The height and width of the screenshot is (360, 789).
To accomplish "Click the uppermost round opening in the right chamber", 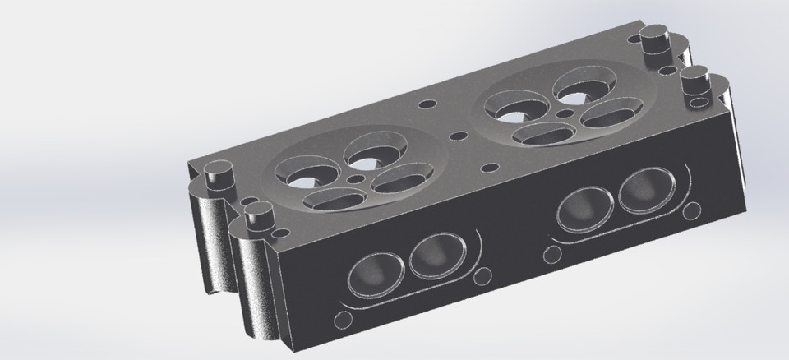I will [576, 84].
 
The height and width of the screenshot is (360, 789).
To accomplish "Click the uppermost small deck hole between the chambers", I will [426, 104].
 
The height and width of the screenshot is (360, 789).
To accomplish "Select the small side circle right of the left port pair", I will [484, 274].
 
